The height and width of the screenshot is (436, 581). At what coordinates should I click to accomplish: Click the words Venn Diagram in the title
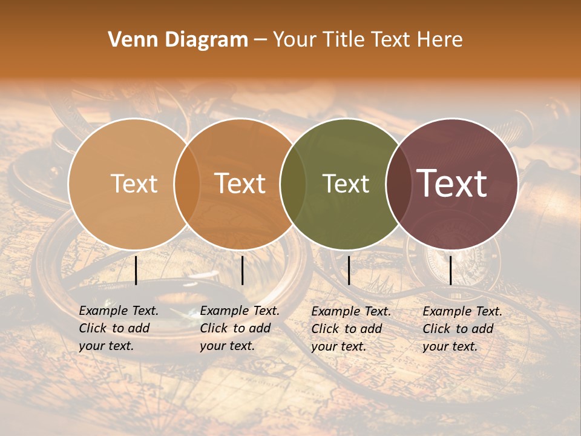click(178, 40)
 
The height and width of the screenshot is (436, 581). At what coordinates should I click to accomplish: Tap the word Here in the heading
click(441, 40)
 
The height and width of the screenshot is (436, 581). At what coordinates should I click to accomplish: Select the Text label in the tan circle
click(134, 184)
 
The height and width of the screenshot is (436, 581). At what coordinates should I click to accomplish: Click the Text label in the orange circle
click(240, 183)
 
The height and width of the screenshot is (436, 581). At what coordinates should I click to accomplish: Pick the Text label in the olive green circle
click(346, 184)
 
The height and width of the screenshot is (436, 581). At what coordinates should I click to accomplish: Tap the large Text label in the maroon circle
click(452, 183)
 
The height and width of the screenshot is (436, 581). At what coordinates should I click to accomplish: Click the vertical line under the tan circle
click(136, 270)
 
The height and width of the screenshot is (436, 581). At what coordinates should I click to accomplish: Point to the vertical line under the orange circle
click(242, 270)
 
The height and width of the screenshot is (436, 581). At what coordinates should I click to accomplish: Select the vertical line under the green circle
click(349, 270)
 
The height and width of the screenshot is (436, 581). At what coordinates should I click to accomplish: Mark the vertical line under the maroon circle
click(450, 270)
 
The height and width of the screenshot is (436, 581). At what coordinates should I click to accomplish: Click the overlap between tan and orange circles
click(187, 184)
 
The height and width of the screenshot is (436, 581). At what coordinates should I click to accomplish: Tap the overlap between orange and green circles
click(294, 184)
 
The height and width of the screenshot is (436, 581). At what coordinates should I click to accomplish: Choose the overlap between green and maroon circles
click(399, 184)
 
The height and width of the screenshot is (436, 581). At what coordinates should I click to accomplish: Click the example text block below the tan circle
click(119, 328)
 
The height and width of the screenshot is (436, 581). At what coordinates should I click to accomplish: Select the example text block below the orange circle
click(240, 328)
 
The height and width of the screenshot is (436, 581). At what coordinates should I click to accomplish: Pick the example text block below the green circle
click(351, 329)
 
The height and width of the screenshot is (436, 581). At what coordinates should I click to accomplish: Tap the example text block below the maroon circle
click(462, 329)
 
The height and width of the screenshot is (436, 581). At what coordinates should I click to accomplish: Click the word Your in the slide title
click(295, 40)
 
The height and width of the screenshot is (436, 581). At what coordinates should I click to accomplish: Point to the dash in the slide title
click(260, 41)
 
